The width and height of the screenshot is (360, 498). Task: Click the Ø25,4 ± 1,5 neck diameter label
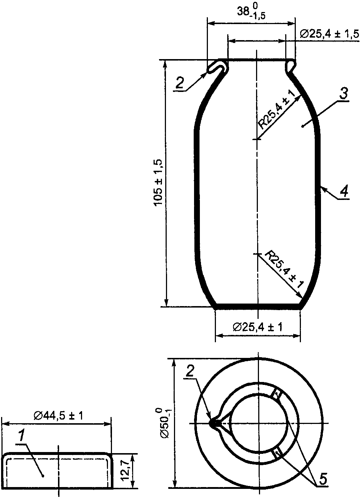click(x=329, y=34)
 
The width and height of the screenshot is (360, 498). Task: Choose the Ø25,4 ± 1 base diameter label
click(x=258, y=327)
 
